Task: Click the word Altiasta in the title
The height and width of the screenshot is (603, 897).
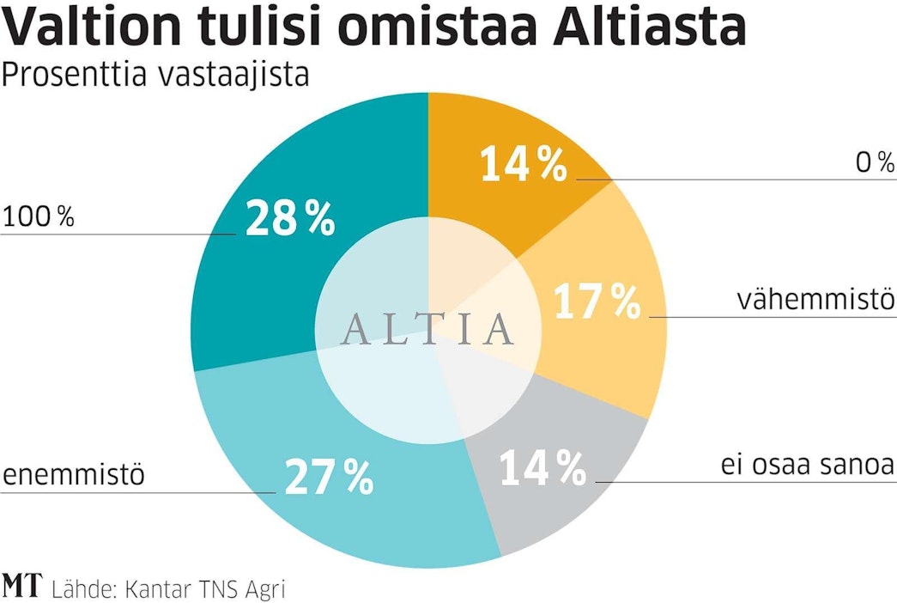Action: tap(650, 27)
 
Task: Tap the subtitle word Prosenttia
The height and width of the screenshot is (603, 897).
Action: tap(75, 76)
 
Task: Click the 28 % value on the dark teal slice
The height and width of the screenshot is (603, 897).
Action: tap(290, 218)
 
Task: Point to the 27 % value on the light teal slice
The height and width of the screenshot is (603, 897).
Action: tap(328, 478)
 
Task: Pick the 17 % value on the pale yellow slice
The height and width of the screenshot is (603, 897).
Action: tap(597, 301)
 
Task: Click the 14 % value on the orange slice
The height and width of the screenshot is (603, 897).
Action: tap(524, 164)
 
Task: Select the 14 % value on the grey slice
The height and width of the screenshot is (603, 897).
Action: tap(542, 467)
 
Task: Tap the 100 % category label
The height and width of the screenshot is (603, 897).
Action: tap(39, 217)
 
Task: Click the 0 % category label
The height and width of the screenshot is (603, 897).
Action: tap(875, 162)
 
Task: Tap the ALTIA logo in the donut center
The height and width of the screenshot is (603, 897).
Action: tap(427, 329)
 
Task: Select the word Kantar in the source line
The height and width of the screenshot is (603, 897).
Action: tap(155, 589)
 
